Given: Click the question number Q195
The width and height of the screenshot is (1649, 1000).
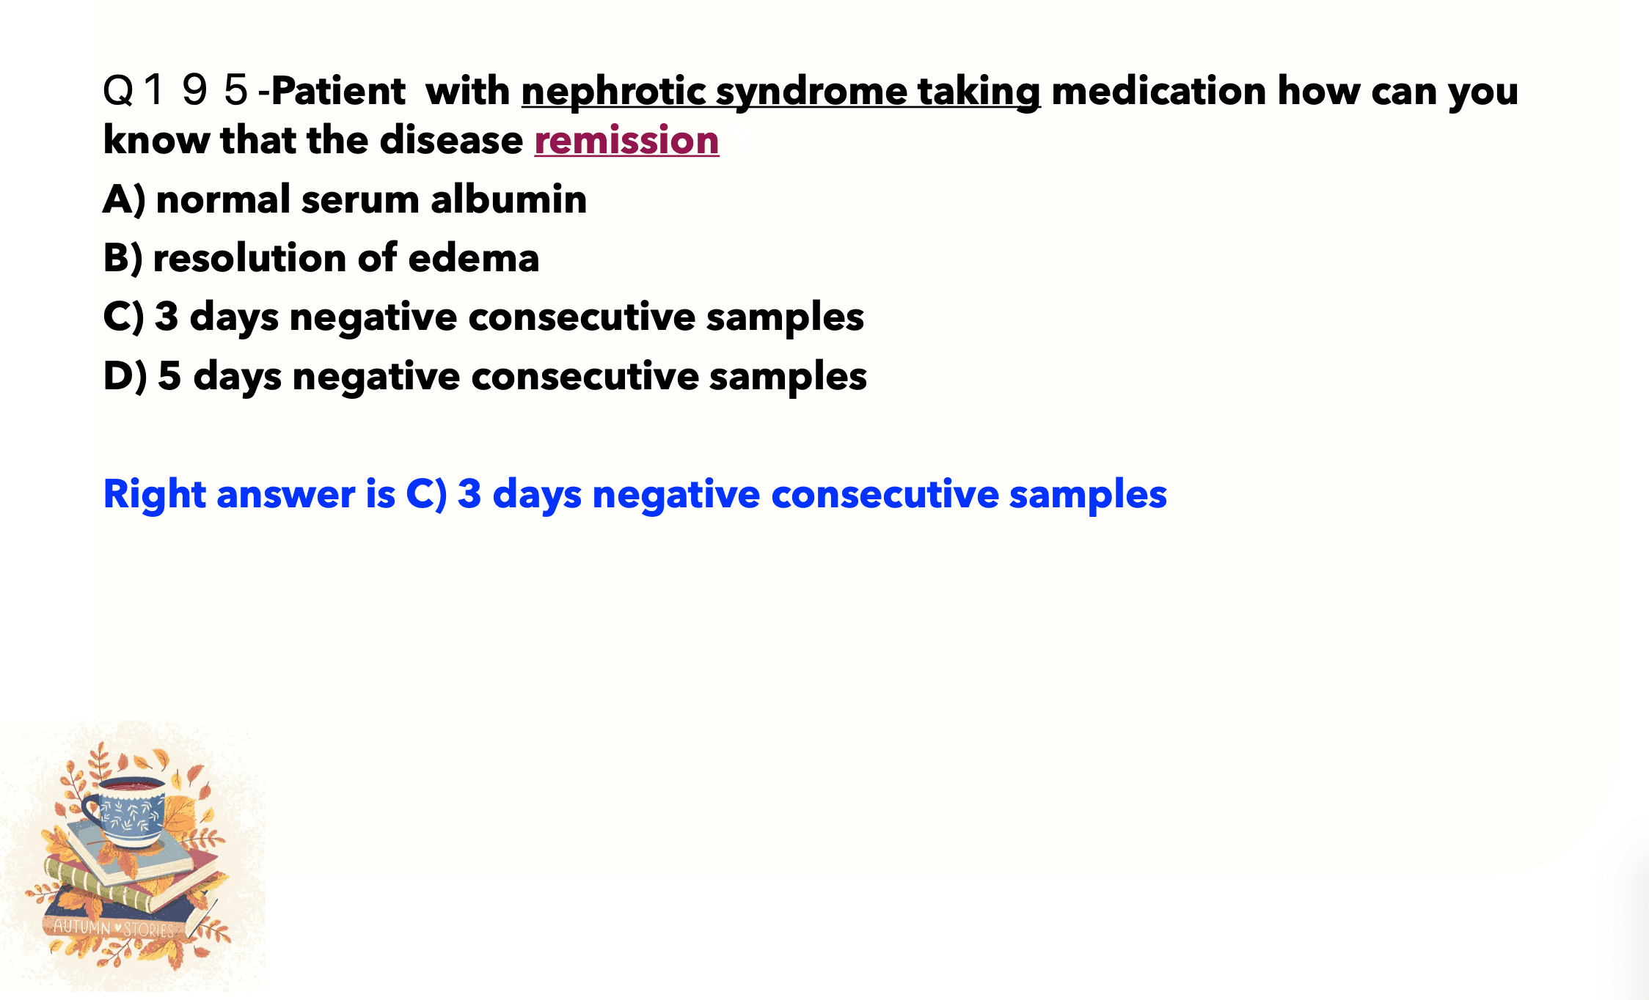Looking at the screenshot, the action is tap(176, 91).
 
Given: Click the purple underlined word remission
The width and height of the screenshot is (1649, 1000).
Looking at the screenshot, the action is tap(626, 140).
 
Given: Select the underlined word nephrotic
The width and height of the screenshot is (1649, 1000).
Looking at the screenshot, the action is tap(613, 93).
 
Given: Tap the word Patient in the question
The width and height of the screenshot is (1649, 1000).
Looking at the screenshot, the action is tap(337, 91).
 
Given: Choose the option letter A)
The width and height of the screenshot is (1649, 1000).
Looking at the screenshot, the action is tap(125, 199).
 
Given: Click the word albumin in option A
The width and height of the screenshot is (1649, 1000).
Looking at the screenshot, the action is tap(508, 199).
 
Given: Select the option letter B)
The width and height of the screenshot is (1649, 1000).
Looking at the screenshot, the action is tap(123, 258).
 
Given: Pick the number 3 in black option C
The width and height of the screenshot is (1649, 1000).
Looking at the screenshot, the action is tap(167, 317).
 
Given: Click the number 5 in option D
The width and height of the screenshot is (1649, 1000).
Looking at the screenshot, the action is tap(169, 376).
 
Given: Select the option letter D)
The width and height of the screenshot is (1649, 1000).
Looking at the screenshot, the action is tap(125, 376).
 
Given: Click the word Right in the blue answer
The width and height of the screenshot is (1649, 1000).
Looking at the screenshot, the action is tap(155, 495).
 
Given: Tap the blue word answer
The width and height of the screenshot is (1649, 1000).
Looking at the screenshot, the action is tap(286, 495).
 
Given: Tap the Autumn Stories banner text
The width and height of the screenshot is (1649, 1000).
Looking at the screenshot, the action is tap(114, 928).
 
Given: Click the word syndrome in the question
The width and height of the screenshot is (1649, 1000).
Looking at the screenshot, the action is tap(811, 93).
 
